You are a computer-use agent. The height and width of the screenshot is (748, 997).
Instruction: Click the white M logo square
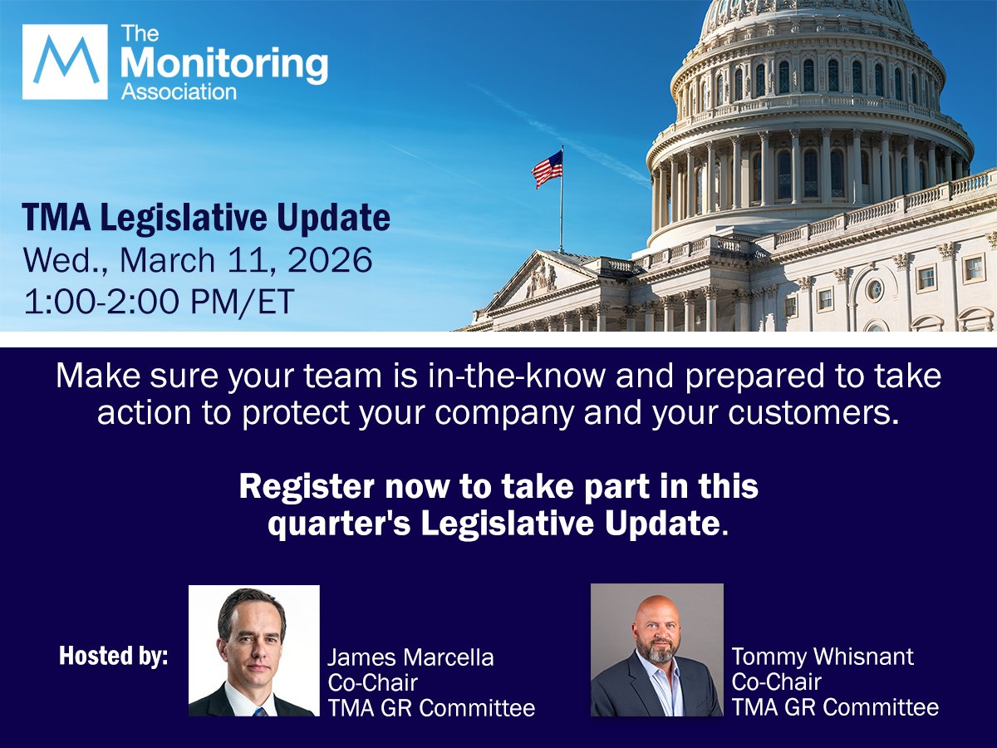[x=65, y=62]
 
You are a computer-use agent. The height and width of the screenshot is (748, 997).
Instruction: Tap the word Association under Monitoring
[x=179, y=91]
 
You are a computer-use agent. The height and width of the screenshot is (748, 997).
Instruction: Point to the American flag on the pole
[x=548, y=170]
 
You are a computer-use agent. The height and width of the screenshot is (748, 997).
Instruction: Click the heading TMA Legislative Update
[x=206, y=218]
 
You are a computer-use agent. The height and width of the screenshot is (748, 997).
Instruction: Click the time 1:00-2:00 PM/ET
[x=160, y=301]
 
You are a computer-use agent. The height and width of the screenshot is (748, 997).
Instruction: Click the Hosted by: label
[x=113, y=656]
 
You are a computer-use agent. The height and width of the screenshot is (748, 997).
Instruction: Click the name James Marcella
[x=410, y=657]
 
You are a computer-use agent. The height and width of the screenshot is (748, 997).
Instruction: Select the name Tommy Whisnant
[x=823, y=656]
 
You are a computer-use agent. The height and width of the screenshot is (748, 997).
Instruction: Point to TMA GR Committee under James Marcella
[x=430, y=707]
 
